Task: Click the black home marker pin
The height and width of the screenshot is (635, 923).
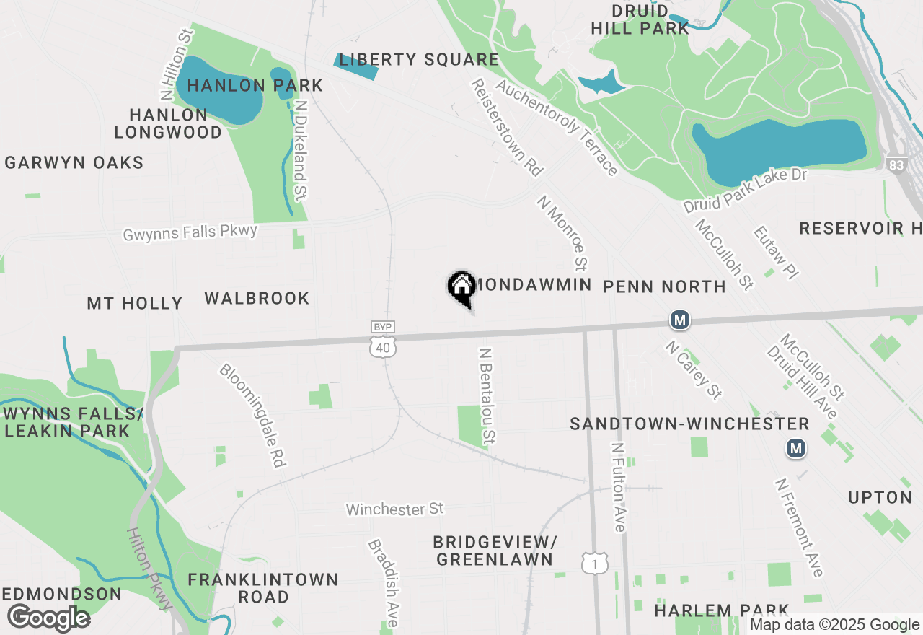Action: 461,287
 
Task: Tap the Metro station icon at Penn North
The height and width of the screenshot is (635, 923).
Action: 679,320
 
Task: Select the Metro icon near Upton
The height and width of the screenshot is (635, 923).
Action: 796,449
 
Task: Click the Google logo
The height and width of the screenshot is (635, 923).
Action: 48,618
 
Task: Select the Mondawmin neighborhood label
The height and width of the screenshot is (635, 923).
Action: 533,284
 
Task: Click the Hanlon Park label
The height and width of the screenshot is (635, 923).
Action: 255,86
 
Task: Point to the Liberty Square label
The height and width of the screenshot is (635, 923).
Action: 419,60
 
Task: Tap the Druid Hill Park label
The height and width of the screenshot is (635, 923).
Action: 640,20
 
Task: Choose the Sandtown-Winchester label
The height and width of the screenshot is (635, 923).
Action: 689,424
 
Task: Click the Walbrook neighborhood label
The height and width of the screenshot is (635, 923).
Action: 257,298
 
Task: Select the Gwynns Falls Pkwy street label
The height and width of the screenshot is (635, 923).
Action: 190,232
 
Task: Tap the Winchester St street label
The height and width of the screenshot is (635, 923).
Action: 394,509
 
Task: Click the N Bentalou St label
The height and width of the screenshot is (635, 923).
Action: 488,396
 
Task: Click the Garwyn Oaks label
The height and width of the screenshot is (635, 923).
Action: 74,162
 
